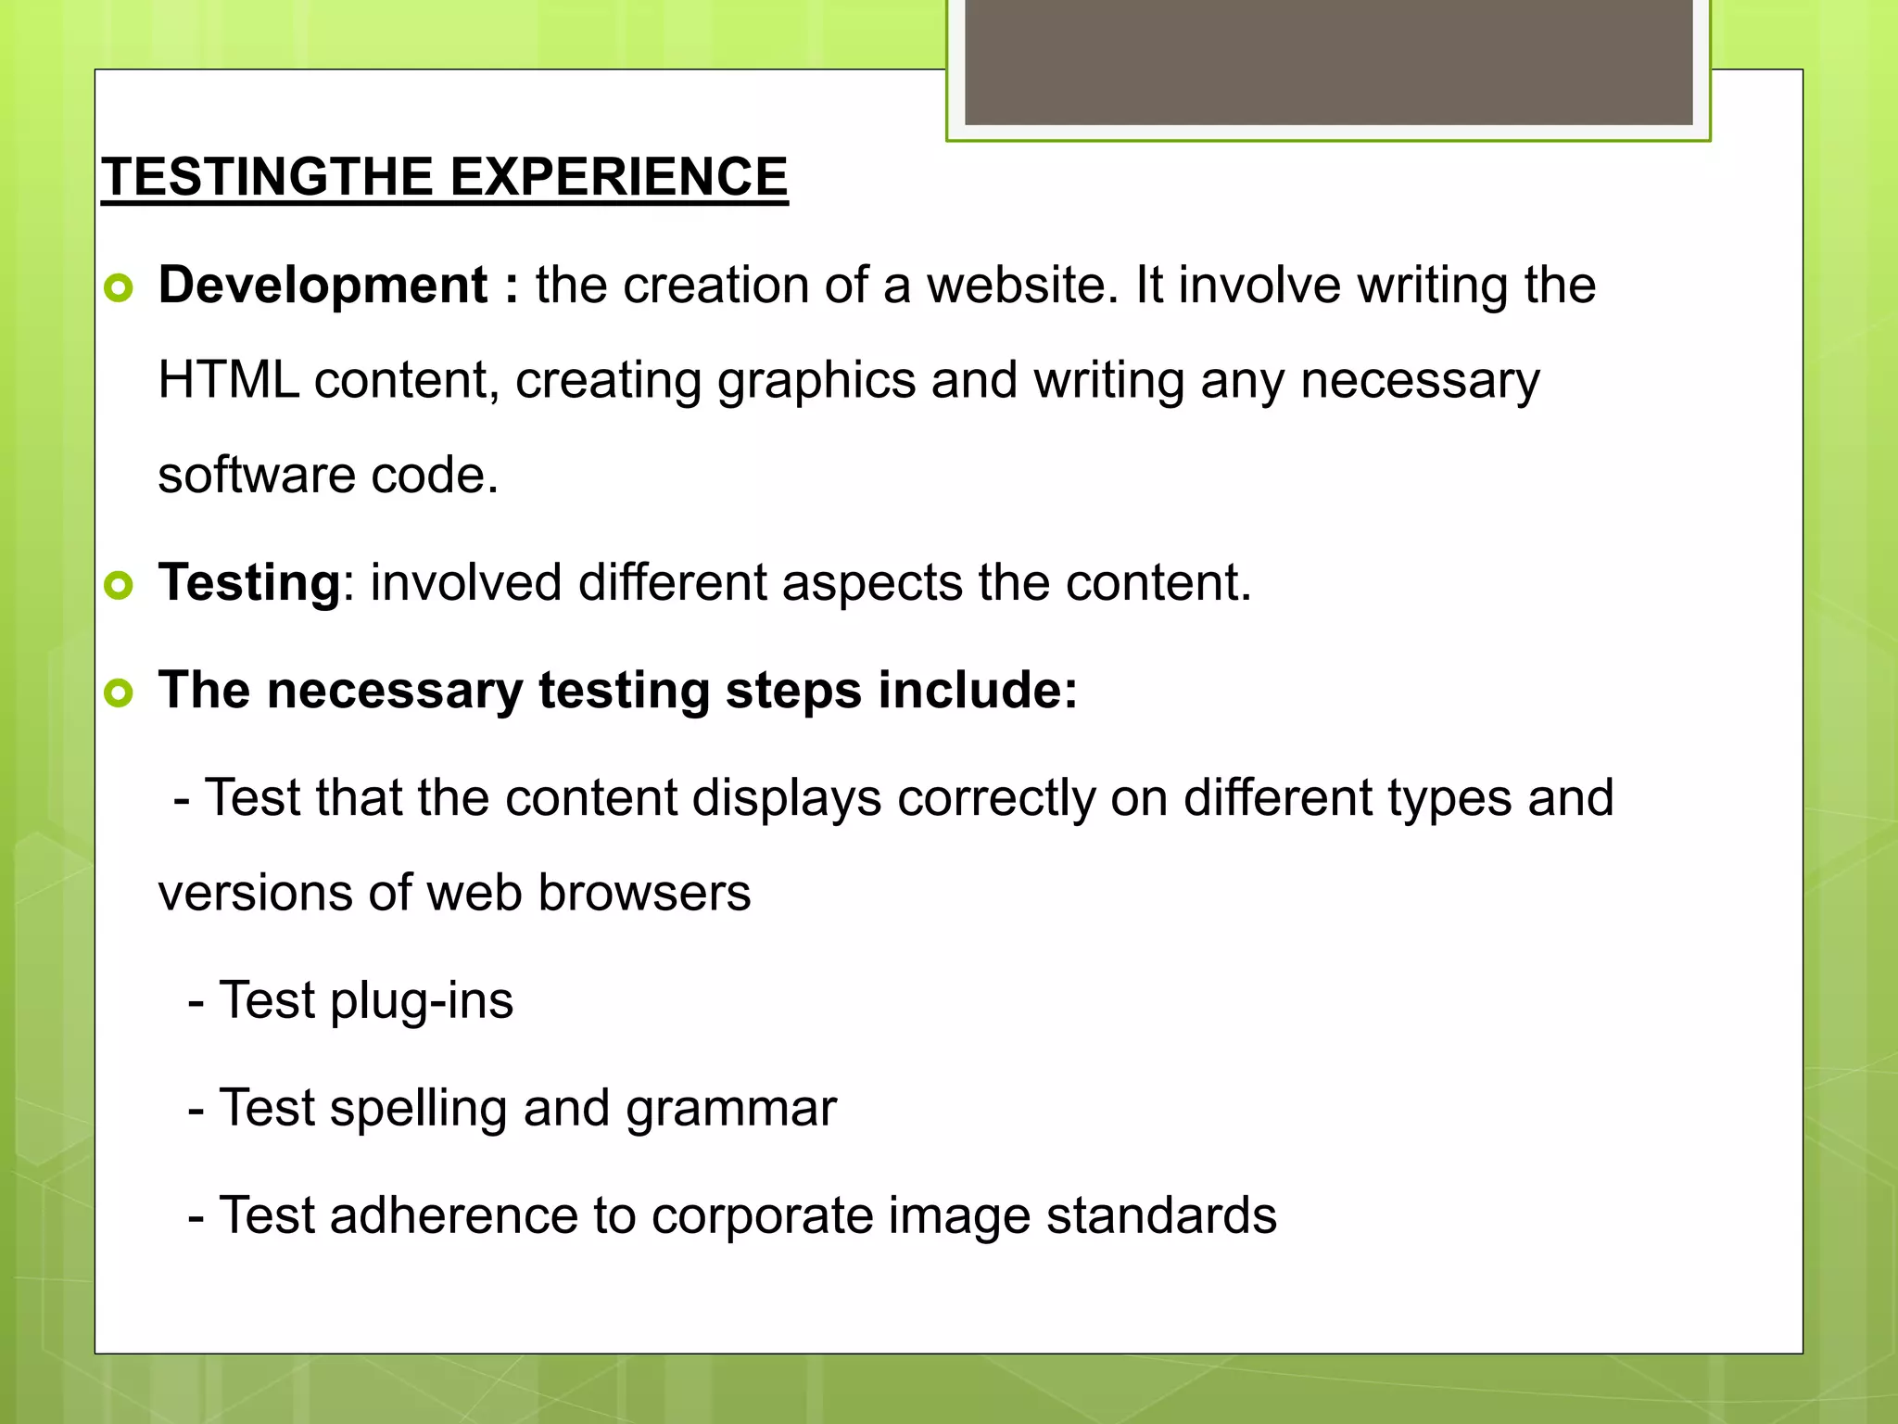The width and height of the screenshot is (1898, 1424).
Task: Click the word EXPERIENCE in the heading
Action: (618, 177)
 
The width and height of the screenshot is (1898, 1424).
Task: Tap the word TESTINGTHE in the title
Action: (269, 177)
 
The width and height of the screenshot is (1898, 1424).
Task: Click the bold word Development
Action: (323, 285)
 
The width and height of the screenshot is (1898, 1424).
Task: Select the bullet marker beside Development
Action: (119, 288)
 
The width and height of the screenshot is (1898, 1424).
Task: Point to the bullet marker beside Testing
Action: (119, 586)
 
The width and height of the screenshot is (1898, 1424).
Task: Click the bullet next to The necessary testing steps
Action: (119, 693)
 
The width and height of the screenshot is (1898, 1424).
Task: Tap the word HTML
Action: (228, 380)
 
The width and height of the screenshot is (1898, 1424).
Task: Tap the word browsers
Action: (643, 894)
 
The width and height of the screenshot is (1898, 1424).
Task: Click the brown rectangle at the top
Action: (1328, 61)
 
